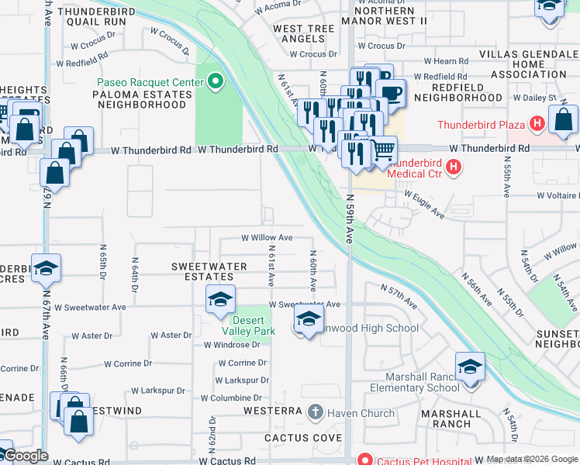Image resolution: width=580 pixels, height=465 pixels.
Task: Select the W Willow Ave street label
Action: (x=267, y=238)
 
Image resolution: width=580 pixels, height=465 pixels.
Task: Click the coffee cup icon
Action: (x=392, y=93)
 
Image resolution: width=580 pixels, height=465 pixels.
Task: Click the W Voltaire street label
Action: (x=550, y=196)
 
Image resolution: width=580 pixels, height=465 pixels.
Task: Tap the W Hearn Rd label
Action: (x=447, y=61)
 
